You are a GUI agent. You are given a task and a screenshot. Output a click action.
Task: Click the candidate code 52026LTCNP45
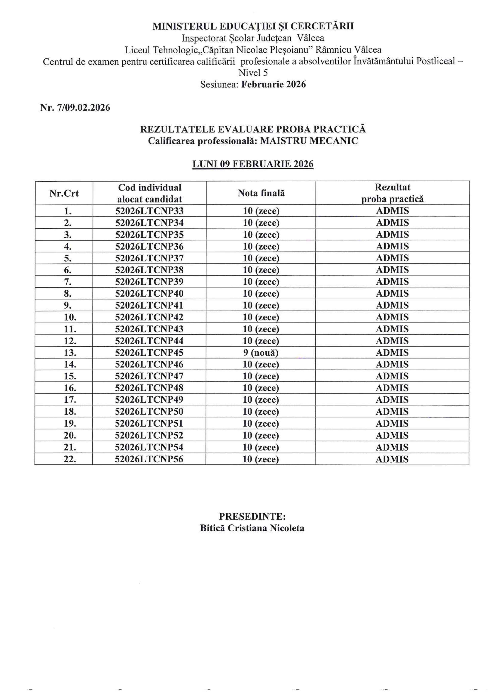click(x=149, y=353)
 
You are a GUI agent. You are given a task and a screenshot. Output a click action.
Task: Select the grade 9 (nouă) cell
click(x=261, y=353)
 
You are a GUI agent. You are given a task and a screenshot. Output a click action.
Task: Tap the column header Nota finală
click(x=261, y=193)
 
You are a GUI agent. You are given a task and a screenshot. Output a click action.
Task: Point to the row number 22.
click(x=70, y=459)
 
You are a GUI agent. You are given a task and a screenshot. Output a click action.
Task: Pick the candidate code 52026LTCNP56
click(x=149, y=459)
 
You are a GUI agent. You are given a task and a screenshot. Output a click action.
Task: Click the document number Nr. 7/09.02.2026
click(x=75, y=107)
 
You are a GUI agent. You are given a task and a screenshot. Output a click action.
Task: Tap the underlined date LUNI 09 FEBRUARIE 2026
click(x=253, y=164)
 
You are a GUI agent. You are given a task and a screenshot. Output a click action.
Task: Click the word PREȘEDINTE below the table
click(x=252, y=516)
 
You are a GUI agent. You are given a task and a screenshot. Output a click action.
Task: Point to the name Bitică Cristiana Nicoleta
click(x=252, y=528)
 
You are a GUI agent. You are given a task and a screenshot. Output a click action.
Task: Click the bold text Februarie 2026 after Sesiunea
click(x=274, y=84)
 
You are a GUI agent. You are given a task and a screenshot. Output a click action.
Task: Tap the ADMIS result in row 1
click(x=392, y=211)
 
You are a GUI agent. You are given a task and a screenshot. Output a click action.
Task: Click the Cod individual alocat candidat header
click(x=149, y=193)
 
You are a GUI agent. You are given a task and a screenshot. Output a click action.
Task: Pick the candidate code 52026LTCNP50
click(x=149, y=412)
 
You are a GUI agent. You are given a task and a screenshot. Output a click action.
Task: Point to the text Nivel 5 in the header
click(x=253, y=73)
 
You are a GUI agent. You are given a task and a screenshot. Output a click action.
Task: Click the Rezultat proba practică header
click(x=392, y=193)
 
